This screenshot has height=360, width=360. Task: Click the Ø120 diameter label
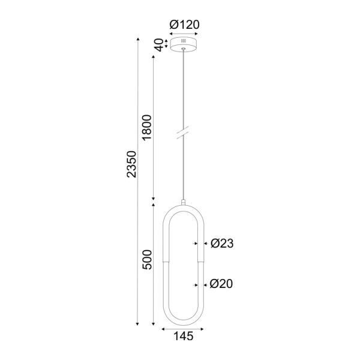(x=184, y=25)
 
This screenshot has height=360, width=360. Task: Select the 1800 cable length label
(x=148, y=127)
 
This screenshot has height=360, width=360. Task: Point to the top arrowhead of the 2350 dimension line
(x=139, y=40)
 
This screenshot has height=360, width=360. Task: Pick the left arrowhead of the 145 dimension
(x=164, y=329)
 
